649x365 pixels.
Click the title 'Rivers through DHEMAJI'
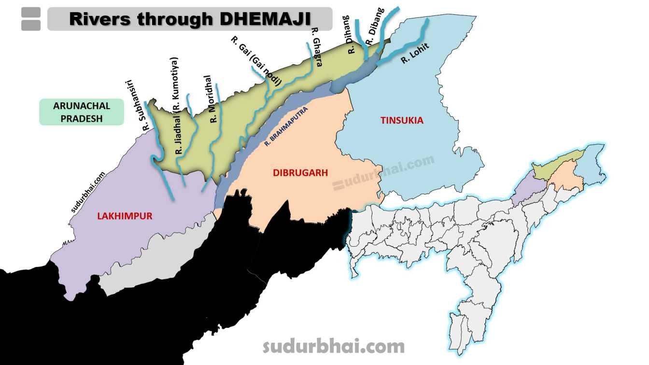190,19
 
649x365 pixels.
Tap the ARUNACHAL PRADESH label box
82,112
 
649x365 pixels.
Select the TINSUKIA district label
402,120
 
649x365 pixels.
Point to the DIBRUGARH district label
300,172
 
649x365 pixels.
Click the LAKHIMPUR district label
125,216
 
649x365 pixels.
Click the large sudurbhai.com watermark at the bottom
333,346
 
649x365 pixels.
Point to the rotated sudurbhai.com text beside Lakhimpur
88,193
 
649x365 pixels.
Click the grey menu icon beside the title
31,19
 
